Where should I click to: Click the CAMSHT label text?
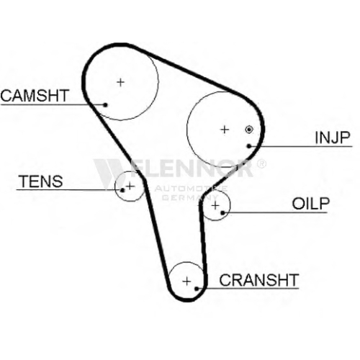35,95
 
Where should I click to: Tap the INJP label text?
333,138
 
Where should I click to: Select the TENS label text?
41,181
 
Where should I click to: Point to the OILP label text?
311,204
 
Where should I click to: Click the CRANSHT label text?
259,279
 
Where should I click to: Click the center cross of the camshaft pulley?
121,82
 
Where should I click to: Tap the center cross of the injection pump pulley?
225,130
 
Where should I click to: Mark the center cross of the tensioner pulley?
130,186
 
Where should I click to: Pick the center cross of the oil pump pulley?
216,205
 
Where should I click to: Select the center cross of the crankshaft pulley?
186,281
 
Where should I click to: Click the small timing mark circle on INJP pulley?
249,130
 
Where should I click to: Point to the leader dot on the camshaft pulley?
105,104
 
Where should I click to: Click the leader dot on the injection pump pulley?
249,146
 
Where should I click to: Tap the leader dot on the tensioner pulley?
122,190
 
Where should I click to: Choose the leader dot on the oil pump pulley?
222,212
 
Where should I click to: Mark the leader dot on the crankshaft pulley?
197,289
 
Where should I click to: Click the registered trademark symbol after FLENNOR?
261,163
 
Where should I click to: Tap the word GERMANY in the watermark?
190,197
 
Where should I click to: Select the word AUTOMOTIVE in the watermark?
191,189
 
